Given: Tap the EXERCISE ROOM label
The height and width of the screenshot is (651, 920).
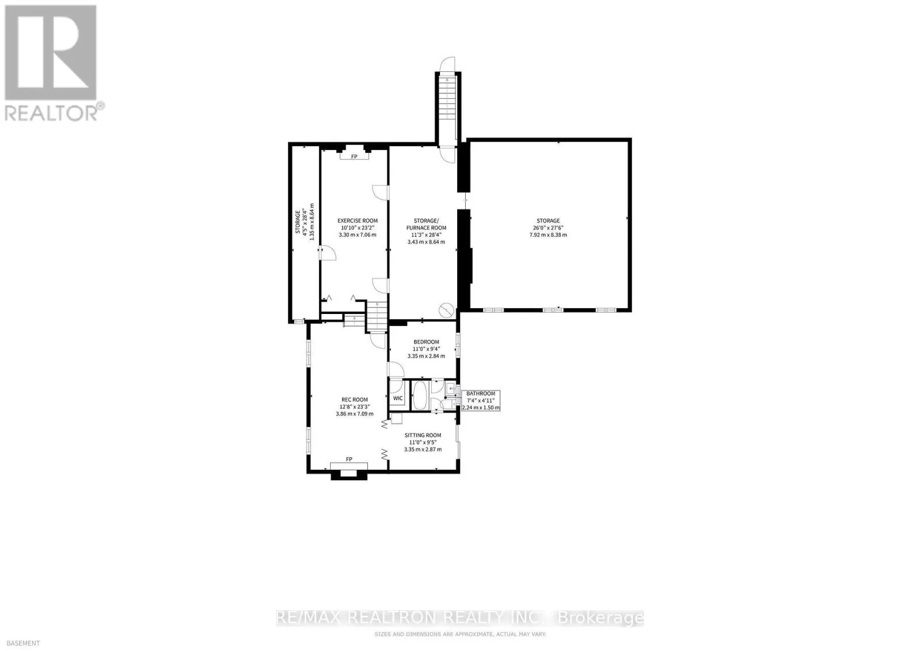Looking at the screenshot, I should pos(357,221).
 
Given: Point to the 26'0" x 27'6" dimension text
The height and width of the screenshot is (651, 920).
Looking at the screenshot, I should pos(548,228).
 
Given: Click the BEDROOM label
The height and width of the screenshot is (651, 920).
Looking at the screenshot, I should pos(426,342).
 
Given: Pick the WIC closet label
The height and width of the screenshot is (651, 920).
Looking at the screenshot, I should pos(398,398).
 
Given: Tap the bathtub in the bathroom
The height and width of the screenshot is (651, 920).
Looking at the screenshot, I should pos(420,395).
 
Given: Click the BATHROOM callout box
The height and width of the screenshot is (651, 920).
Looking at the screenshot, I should pos(481,400).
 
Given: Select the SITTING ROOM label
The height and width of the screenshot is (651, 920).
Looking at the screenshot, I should pos(423,435).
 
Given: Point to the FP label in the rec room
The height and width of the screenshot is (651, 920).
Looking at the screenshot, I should pos(348,459).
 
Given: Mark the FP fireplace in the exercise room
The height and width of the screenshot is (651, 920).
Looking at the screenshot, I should pos(354,156).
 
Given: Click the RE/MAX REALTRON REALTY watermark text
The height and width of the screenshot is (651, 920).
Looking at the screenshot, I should pos(460,618).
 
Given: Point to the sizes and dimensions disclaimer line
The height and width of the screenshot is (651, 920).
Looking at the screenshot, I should pos(460,634).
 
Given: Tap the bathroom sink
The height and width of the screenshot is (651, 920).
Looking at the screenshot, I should pos(451,389).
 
